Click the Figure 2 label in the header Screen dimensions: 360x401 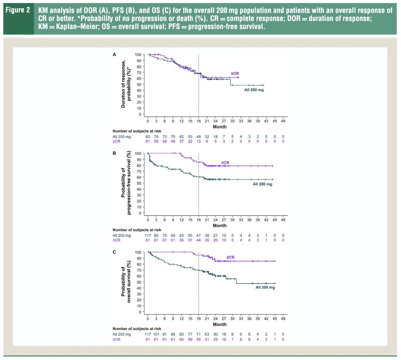tap(18, 10)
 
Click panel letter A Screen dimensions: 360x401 tap(114, 54)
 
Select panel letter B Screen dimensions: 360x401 tap(114, 153)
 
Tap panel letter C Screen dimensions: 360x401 tap(114, 252)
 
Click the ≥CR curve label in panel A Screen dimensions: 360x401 tap(235, 74)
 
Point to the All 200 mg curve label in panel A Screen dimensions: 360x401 tap(254, 90)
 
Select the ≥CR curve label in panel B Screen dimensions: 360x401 tap(225, 163)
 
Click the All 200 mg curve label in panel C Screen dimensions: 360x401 tap(265, 287)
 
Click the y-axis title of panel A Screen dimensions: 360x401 tap(126, 84)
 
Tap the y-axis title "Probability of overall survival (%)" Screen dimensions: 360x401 tap(126, 282)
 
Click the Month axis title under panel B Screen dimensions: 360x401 tap(220, 226)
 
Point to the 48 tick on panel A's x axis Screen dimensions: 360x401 tap(283, 121)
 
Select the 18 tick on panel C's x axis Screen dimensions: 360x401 tap(198, 319)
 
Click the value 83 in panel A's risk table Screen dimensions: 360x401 tap(148, 137)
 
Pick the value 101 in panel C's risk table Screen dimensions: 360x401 tap(156, 334)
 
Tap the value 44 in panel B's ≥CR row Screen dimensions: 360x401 tap(198, 240)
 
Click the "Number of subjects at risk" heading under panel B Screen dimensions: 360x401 tap(137, 230)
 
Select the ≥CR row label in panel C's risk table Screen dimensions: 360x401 tap(116, 339)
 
